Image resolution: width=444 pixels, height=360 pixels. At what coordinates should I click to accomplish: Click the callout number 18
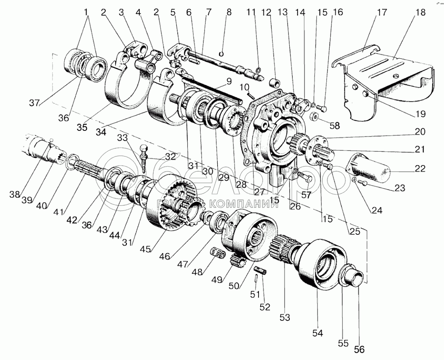[421, 13]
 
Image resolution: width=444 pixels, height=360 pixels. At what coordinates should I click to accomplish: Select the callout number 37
[35, 103]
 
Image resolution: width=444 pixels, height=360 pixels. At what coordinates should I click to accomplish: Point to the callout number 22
[420, 168]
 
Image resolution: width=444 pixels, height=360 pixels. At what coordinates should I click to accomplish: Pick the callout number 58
[335, 125]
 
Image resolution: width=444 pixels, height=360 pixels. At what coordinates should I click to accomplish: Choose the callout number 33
[123, 138]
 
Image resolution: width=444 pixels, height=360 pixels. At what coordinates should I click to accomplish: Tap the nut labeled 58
[315, 116]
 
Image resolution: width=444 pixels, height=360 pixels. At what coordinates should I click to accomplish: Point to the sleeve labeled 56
[353, 277]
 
